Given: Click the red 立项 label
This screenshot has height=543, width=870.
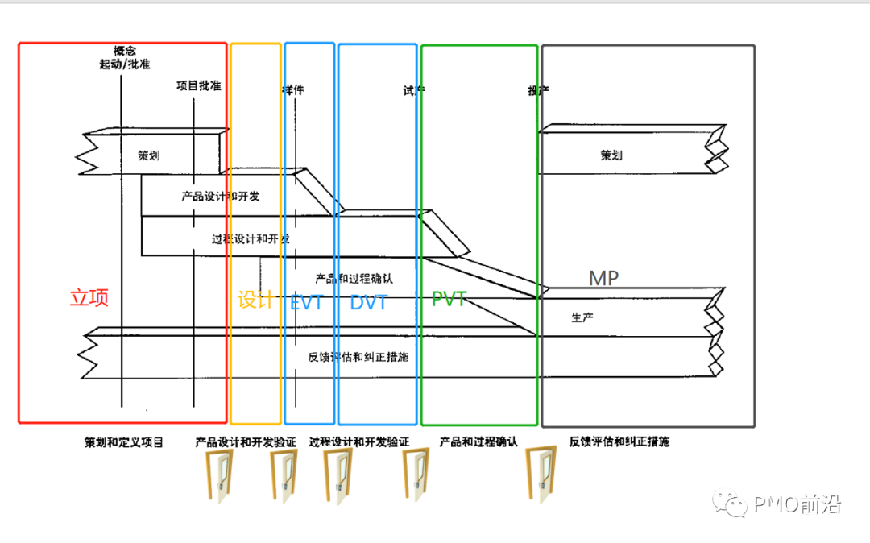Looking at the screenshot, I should (89, 298).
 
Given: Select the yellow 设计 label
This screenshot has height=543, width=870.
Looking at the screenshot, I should (255, 301).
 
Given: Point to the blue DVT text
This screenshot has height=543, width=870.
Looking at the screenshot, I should (368, 303).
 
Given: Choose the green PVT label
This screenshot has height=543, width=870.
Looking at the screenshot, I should (449, 300).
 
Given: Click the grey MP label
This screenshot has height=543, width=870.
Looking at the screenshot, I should (604, 279).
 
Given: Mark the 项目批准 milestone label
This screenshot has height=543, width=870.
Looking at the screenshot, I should (199, 85).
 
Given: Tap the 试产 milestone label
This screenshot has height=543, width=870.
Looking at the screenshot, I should (413, 91).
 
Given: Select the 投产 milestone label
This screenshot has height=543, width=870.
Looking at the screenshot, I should (538, 91).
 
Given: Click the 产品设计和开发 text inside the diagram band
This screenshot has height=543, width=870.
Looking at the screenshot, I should (221, 196).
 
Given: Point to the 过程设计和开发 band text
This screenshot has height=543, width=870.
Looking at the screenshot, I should (251, 239).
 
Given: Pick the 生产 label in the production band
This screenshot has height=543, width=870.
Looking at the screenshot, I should (582, 318).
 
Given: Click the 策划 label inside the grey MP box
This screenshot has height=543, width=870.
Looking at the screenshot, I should (611, 155).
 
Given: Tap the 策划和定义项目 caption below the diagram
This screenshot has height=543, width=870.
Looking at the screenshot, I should (123, 442).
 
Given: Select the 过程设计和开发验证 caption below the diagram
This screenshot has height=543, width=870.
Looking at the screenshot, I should (359, 442).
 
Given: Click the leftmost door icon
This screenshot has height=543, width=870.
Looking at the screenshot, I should (219, 475).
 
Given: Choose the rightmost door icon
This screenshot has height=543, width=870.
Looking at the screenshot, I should (541, 475).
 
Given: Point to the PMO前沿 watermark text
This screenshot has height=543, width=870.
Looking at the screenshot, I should (797, 505).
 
